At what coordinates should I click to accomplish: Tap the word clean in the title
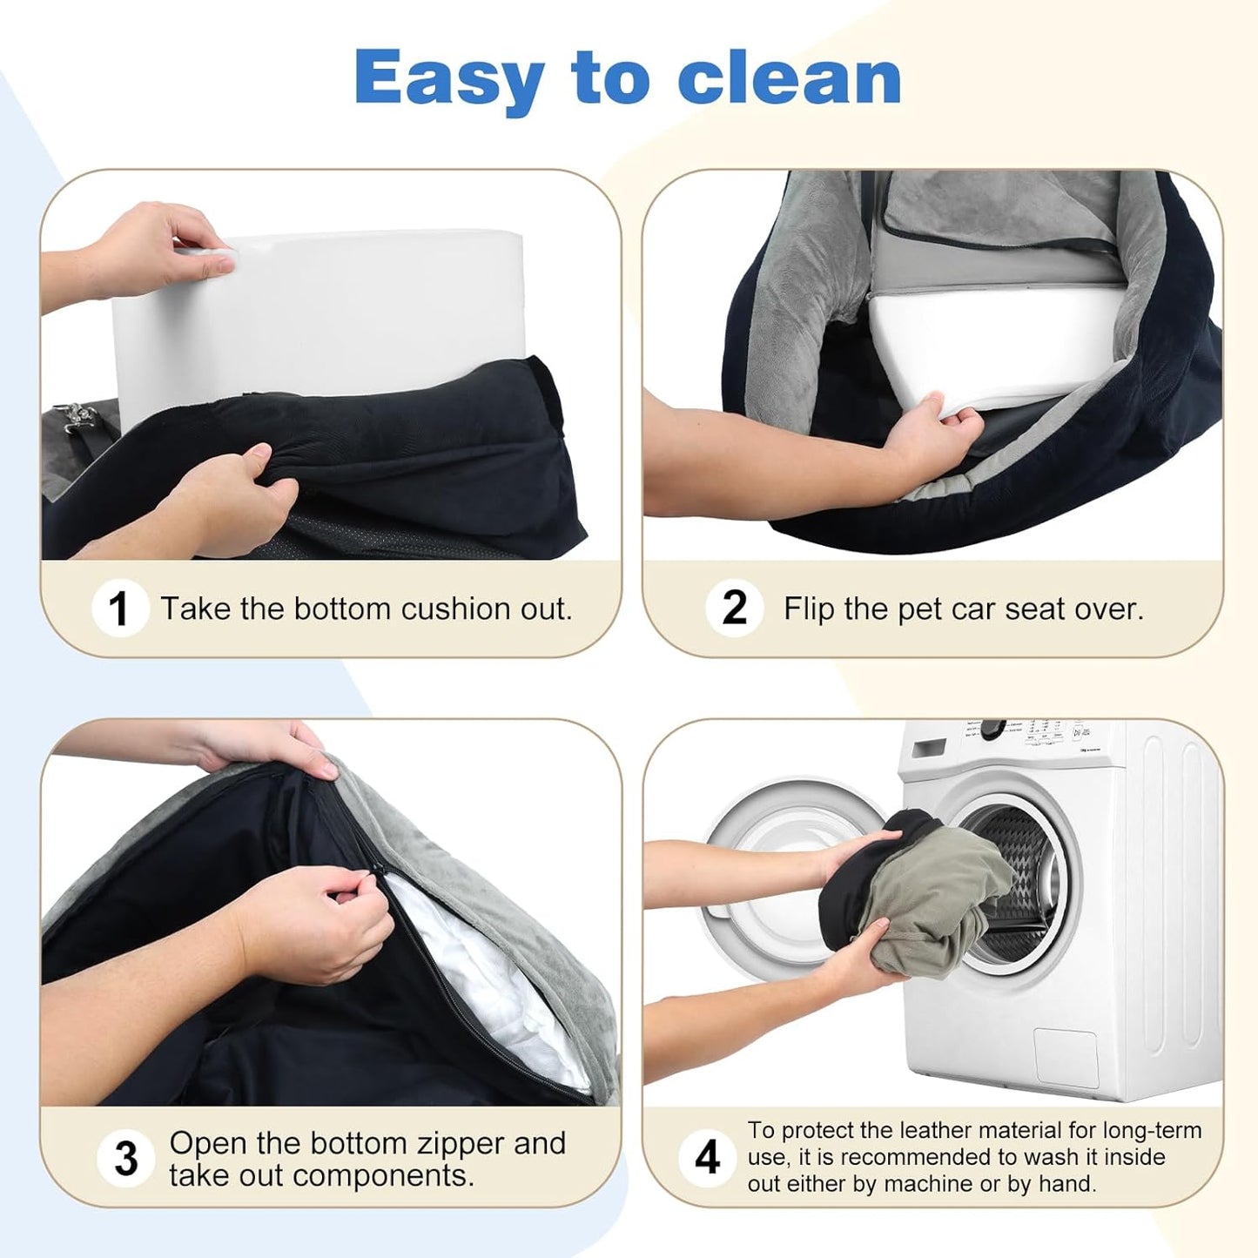point(788,78)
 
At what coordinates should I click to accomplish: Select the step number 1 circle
point(119,608)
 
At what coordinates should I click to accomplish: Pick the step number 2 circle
point(734,608)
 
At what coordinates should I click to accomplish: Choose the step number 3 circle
point(126,1159)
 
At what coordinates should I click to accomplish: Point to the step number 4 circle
point(708,1157)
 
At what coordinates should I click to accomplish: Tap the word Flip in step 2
point(809,609)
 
